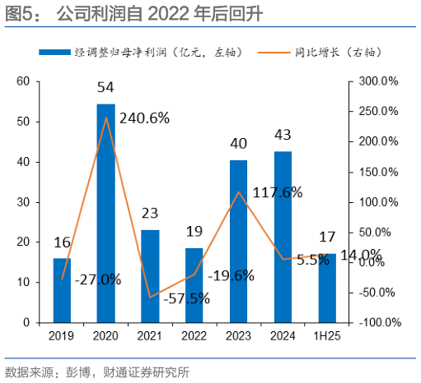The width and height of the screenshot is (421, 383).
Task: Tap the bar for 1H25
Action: click(327, 288)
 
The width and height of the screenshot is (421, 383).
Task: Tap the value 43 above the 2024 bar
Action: click(283, 134)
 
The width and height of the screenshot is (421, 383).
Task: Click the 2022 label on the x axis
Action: click(194, 335)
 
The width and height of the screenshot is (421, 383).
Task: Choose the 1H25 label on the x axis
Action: click(327, 335)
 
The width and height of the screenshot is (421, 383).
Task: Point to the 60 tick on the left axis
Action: click(23, 81)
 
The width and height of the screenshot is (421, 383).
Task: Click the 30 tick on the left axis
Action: click(23, 201)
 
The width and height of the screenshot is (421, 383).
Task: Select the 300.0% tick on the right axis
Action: click(378, 81)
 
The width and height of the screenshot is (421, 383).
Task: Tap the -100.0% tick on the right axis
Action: click(378, 322)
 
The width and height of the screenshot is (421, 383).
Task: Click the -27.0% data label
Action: click(97, 279)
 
